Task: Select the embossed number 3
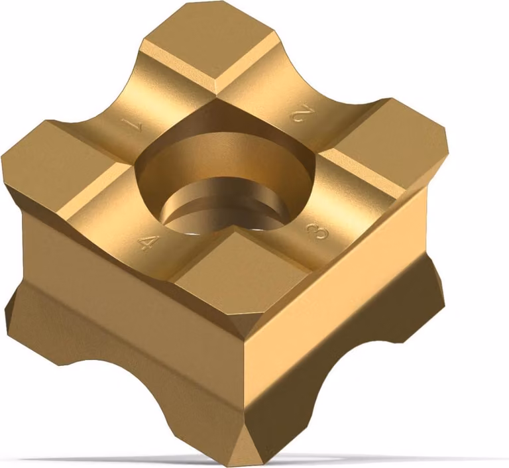(x=318, y=231)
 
